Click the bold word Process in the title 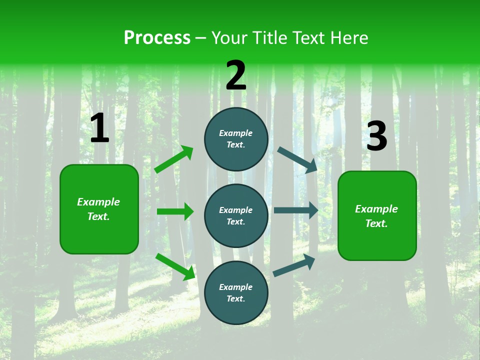point(157,38)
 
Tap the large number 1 point(99,128)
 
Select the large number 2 point(236,75)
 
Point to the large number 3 point(376,136)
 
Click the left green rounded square point(99,209)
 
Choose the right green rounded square point(377,215)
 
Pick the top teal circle point(236,139)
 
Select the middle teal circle point(236,215)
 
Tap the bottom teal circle point(236,292)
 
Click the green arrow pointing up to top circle point(174,159)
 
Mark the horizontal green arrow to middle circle point(175,211)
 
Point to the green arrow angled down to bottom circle point(175,266)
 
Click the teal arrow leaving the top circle point(297,160)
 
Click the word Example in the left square point(98,202)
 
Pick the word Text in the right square point(376,223)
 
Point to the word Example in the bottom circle point(236,287)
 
